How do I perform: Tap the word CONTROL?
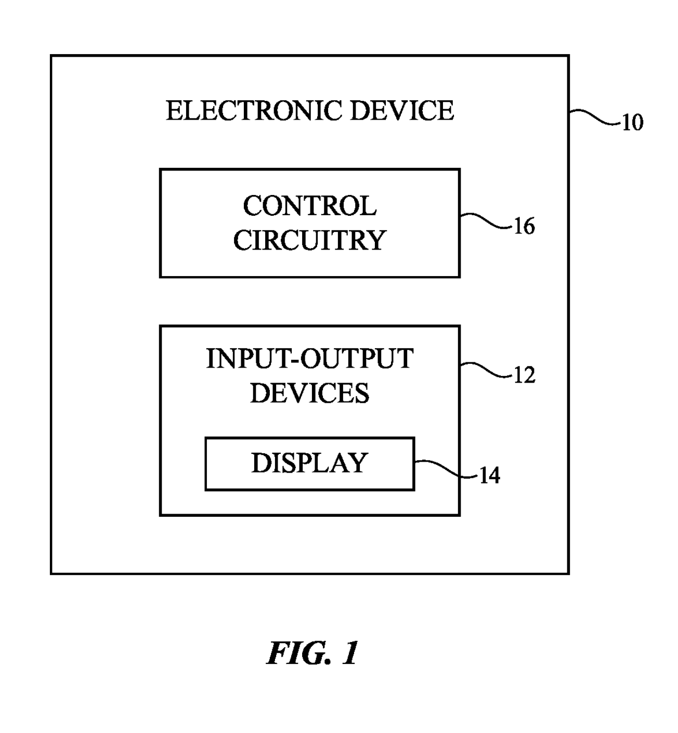click(309, 206)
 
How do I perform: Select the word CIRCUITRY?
click(309, 240)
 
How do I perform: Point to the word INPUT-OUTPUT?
click(309, 359)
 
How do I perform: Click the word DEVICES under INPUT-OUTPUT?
click(309, 393)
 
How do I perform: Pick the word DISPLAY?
click(309, 463)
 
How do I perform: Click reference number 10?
click(632, 123)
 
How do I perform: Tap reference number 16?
click(524, 227)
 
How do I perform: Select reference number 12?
click(524, 375)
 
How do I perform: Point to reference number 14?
click(489, 475)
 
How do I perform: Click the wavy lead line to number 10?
click(594, 117)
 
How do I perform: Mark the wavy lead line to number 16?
click(486, 221)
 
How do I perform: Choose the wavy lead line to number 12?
click(486, 369)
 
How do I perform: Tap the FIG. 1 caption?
click(312, 653)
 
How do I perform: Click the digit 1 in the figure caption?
click(350, 653)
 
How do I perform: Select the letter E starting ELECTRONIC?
click(173, 111)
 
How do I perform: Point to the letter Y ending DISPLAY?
click(359, 463)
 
